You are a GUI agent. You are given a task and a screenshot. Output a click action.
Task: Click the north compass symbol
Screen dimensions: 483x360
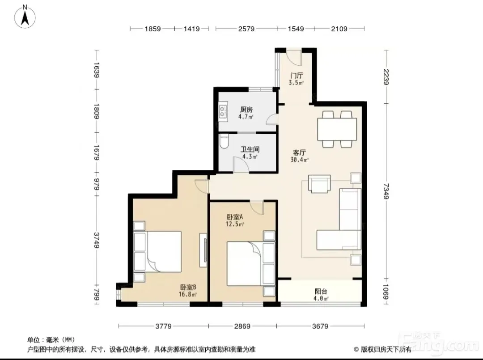click(25, 17)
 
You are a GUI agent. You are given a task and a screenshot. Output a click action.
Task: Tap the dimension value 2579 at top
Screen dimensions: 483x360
click(246, 29)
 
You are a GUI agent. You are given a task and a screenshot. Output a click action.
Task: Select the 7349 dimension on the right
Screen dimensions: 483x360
click(386, 191)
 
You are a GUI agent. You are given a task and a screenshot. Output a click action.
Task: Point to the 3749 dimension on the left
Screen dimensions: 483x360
click(97, 240)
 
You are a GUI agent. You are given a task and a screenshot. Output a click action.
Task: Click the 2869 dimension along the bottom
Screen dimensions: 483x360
click(242, 326)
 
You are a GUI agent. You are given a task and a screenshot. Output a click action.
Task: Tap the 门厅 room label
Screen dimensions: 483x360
click(297, 76)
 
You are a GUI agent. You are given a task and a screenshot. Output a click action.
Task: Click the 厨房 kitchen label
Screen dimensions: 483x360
click(246, 109)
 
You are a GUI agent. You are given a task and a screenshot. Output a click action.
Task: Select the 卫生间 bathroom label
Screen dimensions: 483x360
click(250, 149)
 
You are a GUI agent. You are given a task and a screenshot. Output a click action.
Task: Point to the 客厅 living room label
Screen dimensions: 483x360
click(299, 152)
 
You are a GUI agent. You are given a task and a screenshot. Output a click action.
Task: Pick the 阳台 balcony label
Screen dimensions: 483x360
click(321, 291)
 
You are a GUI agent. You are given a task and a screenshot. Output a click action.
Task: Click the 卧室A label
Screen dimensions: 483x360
click(235, 217)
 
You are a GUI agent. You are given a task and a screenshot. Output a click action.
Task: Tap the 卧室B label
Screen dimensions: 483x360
click(188, 287)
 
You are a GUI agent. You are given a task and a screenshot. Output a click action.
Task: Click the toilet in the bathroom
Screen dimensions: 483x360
click(224, 142)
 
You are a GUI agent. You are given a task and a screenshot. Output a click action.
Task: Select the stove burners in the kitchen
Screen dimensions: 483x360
click(223, 111)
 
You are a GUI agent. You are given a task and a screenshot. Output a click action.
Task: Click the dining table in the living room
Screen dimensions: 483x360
click(337, 129)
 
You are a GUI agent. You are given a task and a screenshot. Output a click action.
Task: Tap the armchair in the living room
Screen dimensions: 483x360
click(319, 184)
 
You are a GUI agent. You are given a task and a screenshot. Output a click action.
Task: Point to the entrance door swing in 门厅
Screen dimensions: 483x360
click(294, 58)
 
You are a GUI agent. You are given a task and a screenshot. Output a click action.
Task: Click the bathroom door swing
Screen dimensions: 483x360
click(241, 165)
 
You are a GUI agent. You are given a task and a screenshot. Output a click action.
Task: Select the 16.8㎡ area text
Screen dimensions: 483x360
click(187, 294)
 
